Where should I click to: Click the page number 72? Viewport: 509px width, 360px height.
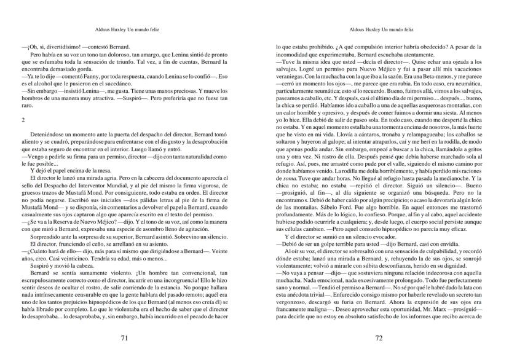381,337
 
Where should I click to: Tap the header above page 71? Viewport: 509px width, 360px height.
128,29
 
